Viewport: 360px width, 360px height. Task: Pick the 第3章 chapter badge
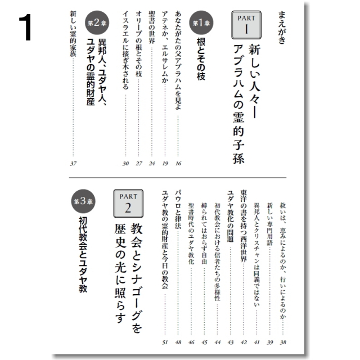77,201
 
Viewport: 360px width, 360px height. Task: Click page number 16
178,164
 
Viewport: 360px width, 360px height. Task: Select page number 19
165,164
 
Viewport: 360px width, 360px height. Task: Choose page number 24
152,164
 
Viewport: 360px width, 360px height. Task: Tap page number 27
138,164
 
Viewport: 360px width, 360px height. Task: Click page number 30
125,164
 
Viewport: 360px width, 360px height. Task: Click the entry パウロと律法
178,213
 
